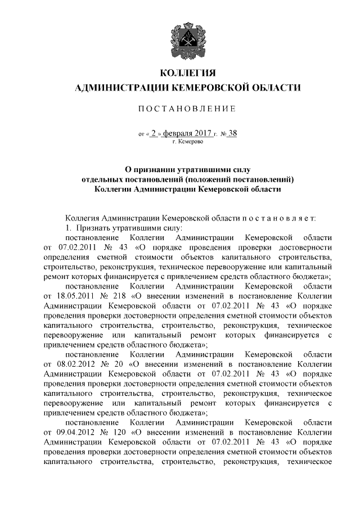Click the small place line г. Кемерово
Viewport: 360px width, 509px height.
(188, 142)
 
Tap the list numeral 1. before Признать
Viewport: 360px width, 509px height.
(69, 227)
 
